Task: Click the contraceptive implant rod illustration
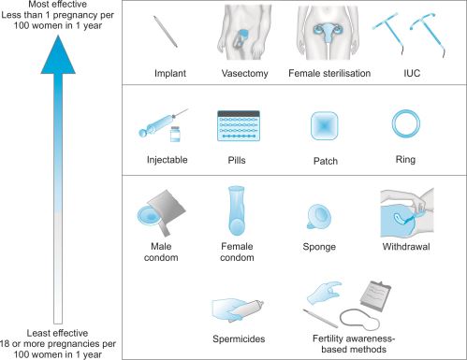(x=166, y=32)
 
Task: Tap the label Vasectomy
(x=245, y=73)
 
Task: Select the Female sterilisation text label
(x=329, y=73)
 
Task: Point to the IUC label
(x=412, y=73)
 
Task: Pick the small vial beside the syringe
(x=175, y=134)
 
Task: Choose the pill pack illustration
(x=239, y=125)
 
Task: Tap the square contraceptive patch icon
(x=325, y=125)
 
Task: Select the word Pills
(x=237, y=160)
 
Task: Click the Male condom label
(x=161, y=252)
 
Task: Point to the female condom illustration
(x=237, y=210)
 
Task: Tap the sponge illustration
(x=319, y=217)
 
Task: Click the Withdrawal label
(x=406, y=247)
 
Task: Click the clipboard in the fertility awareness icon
(x=375, y=295)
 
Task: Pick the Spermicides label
(x=239, y=338)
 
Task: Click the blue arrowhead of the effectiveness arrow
(x=58, y=55)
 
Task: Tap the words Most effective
(x=57, y=4)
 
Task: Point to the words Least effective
(x=57, y=333)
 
